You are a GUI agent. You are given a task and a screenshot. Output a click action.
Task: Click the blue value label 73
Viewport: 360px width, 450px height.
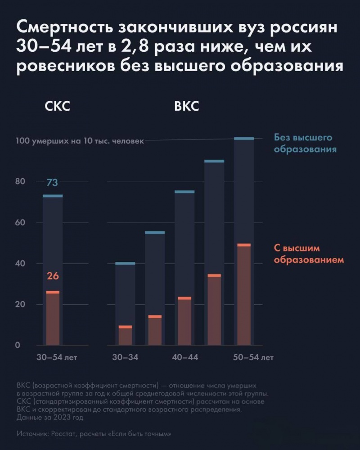click(x=52, y=183)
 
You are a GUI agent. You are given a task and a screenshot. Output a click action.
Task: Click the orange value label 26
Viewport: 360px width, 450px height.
click(x=53, y=276)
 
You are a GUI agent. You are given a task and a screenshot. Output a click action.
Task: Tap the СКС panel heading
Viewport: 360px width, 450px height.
click(x=58, y=108)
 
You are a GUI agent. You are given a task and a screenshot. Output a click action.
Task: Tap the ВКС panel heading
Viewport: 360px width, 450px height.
click(x=186, y=108)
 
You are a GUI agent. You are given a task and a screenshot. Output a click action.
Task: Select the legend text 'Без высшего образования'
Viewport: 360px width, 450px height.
click(x=305, y=143)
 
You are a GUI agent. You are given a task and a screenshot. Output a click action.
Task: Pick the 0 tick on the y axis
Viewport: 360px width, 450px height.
click(x=18, y=346)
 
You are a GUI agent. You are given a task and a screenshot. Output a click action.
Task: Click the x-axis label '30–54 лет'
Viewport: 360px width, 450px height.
click(x=57, y=358)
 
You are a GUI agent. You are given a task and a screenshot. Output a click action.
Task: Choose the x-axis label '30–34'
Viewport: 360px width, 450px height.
click(x=125, y=358)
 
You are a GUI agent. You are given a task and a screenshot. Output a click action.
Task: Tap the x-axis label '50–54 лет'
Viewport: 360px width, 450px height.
click(x=253, y=358)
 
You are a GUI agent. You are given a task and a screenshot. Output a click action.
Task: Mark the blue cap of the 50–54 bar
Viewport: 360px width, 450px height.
click(x=244, y=138)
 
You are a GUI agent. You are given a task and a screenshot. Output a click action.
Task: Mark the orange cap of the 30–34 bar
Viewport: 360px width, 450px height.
click(x=125, y=327)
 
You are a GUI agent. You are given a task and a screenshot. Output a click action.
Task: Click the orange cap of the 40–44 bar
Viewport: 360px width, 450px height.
click(x=184, y=298)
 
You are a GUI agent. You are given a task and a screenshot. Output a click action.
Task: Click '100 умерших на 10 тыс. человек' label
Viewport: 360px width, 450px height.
click(x=80, y=141)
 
